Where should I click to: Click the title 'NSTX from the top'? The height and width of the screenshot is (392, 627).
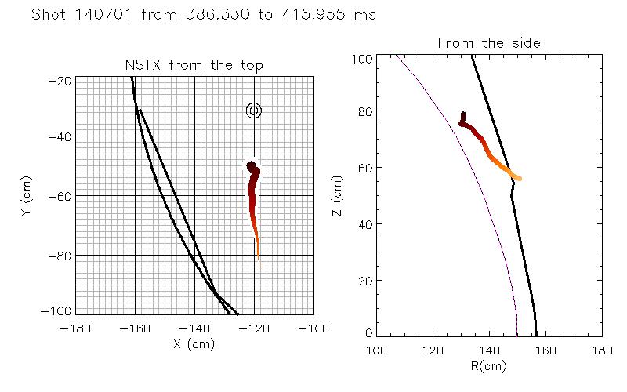[194, 65]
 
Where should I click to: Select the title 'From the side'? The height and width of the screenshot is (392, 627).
[489, 42]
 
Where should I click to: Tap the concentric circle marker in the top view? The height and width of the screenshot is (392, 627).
[253, 111]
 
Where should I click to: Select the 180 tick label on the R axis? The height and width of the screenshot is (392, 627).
[601, 349]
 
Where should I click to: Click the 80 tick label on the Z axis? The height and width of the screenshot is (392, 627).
[364, 112]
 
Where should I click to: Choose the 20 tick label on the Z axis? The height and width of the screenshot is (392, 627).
[364, 281]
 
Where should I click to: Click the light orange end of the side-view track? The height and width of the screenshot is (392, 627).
[519, 179]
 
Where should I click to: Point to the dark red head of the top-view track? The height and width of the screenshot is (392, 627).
[252, 166]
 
